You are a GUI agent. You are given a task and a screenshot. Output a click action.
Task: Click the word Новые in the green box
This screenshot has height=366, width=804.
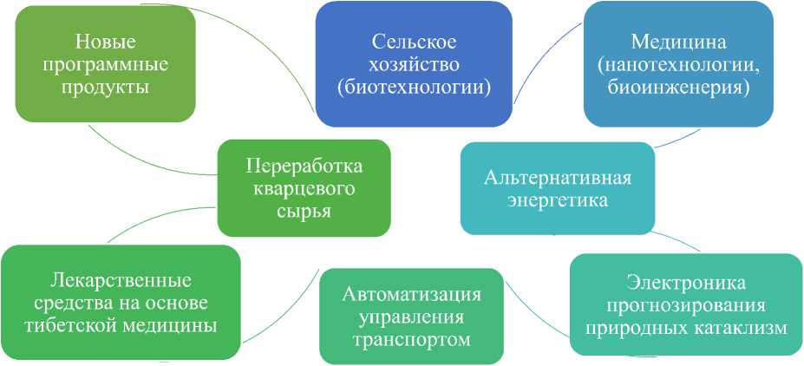[x=106, y=41]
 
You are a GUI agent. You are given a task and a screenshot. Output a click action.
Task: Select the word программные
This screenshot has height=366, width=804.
[x=106, y=64]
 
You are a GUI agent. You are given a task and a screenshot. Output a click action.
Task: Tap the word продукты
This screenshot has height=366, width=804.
[x=106, y=88]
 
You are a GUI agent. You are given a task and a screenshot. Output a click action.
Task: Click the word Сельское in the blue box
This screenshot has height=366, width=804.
[x=414, y=42]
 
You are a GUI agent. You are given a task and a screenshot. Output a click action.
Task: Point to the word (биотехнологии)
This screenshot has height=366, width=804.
[x=414, y=88]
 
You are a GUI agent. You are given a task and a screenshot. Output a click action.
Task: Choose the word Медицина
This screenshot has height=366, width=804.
[x=678, y=42]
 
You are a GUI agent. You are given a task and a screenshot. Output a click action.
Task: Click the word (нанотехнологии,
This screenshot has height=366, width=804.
[x=678, y=65]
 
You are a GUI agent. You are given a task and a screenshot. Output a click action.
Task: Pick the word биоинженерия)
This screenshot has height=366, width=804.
[x=678, y=88]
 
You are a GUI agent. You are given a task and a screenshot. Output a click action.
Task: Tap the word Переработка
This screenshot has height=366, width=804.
[x=304, y=167]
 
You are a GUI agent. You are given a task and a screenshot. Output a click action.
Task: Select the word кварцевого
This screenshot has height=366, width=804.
[x=304, y=190]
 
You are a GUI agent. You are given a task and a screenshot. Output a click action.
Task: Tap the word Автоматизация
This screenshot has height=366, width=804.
[x=412, y=293]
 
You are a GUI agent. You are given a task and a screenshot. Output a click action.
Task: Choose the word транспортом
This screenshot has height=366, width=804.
[x=412, y=340]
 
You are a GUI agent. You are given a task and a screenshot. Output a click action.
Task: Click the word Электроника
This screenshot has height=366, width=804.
[x=686, y=283]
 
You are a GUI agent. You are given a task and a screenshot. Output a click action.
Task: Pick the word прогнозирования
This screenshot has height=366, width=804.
[x=686, y=305]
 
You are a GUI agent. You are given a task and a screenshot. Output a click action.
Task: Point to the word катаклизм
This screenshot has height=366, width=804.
[x=736, y=329]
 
